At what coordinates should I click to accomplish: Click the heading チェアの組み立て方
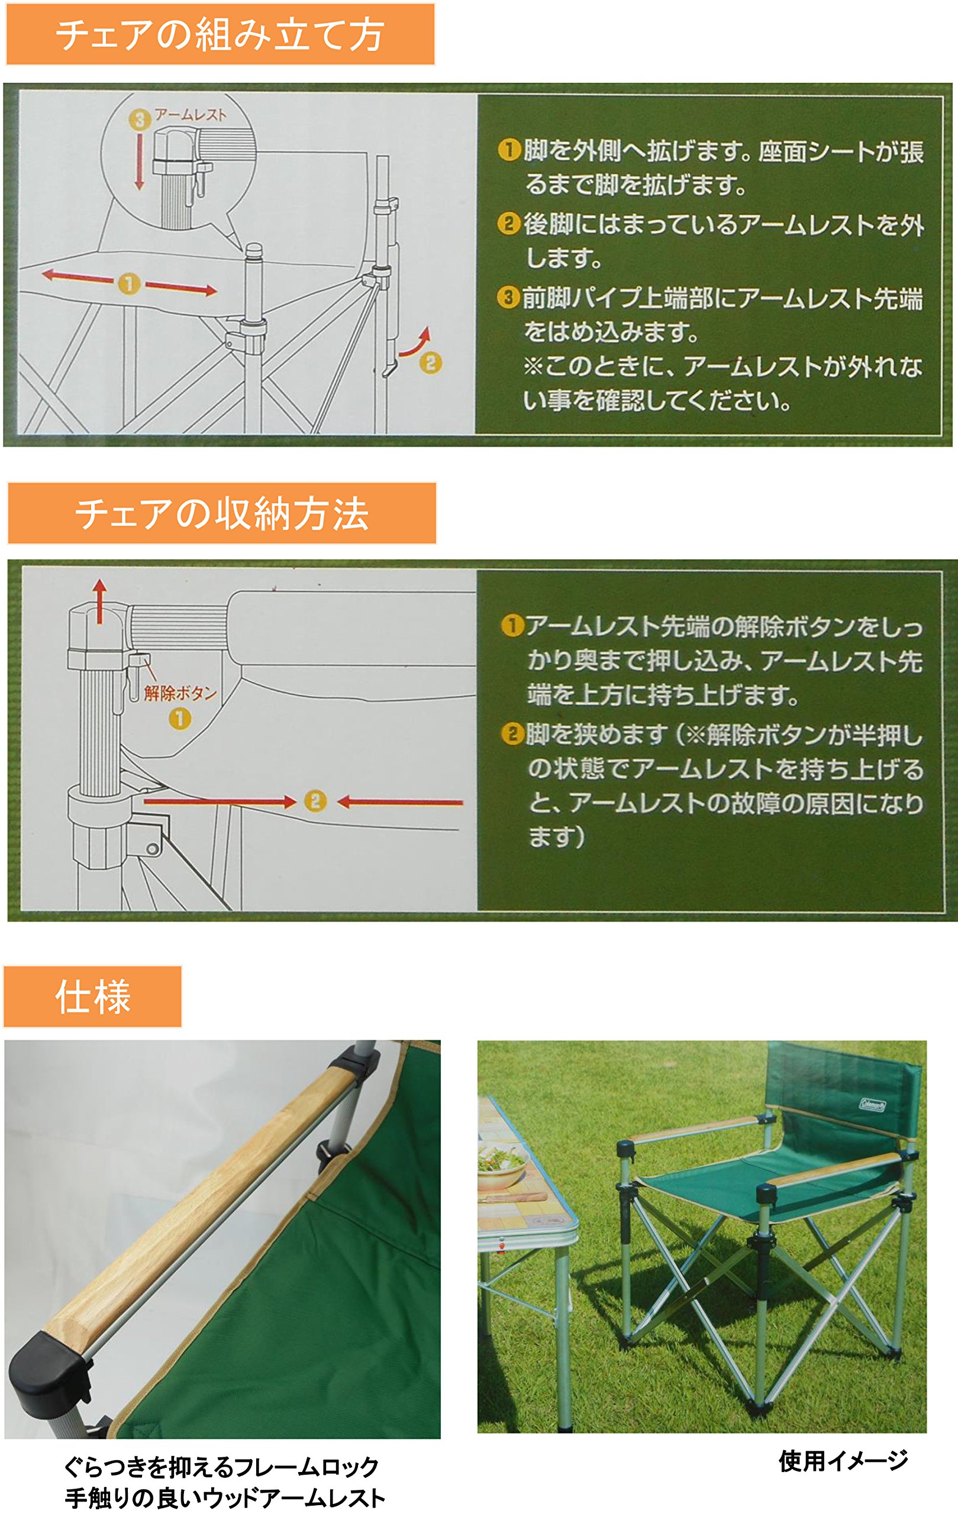(220, 34)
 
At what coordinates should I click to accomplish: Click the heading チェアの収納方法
(221, 513)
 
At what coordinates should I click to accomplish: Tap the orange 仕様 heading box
(92, 997)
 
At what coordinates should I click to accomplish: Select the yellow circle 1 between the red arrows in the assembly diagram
(128, 283)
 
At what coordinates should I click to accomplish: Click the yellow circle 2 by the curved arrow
(430, 363)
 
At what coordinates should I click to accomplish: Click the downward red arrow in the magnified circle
(139, 161)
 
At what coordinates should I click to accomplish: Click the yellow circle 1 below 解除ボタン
(180, 718)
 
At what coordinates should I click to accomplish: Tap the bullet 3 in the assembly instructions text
(508, 297)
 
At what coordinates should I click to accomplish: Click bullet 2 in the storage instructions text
(512, 733)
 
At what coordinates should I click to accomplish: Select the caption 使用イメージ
(843, 1461)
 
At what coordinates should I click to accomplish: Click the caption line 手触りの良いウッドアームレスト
(225, 1497)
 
